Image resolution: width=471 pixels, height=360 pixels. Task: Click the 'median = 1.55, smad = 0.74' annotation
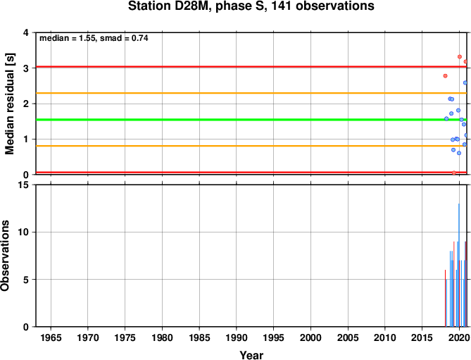(x=94, y=38)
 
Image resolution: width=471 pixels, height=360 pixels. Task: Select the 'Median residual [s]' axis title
(x=10, y=104)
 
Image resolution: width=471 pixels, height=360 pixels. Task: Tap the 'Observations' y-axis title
(x=5, y=256)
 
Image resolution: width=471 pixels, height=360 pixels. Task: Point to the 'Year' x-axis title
(x=251, y=355)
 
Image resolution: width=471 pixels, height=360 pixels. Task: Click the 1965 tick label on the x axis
(x=51, y=337)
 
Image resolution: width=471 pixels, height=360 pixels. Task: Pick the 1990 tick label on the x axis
(x=237, y=337)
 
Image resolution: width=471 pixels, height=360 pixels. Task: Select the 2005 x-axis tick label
(x=348, y=337)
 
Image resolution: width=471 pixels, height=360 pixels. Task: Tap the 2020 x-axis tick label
(x=459, y=337)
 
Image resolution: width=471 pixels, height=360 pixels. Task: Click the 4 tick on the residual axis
(x=26, y=32)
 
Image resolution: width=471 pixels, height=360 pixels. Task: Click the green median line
(x=251, y=120)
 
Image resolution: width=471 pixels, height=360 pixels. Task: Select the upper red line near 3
(x=251, y=67)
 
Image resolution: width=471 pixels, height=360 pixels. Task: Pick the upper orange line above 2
(x=251, y=93)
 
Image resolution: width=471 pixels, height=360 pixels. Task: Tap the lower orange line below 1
(x=251, y=146)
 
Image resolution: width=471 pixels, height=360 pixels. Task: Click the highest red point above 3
(x=460, y=57)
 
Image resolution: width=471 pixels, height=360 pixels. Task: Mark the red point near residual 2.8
(x=445, y=76)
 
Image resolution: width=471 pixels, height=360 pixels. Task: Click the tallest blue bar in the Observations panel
(x=459, y=265)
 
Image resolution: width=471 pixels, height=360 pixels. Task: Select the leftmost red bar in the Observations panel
(x=445, y=298)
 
